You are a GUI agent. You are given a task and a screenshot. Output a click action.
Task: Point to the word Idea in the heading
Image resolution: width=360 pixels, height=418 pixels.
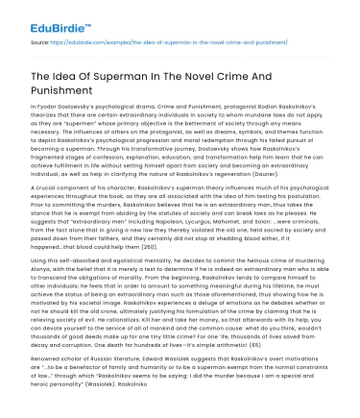tap(72, 76)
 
